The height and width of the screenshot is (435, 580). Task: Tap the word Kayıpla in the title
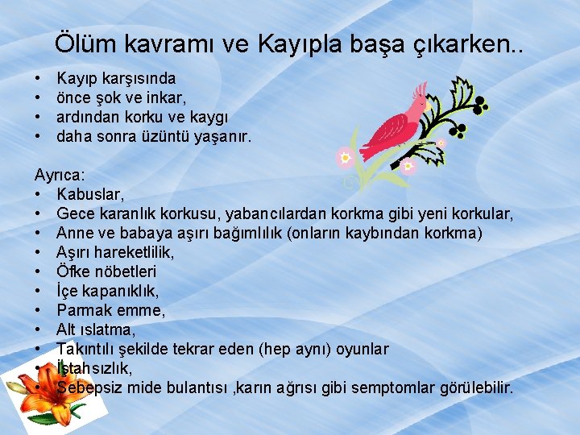pos(294,42)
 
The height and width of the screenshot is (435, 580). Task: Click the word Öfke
pos(73,271)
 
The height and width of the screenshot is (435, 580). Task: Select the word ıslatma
pos(107,329)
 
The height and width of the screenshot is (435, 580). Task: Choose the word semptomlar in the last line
pos(395,387)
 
